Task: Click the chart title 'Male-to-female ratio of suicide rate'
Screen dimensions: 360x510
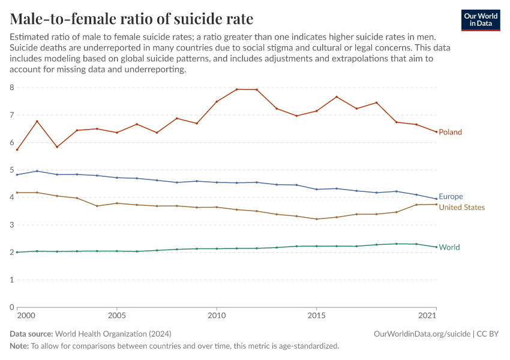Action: click(131, 19)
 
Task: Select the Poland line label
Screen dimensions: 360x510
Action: click(450, 132)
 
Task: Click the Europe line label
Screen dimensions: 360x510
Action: click(451, 197)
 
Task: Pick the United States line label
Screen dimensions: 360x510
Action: click(461, 208)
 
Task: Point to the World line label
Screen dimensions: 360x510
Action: click(449, 247)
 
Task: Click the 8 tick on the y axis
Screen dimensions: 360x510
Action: click(11, 88)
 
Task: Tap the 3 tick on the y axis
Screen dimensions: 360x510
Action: click(11, 225)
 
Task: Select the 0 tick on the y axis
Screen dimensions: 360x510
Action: click(11, 307)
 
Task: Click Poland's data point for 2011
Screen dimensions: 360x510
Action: click(236, 89)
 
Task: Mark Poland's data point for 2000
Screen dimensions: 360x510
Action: click(17, 149)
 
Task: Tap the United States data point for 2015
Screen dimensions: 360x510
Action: click(316, 219)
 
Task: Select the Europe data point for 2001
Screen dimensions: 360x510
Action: click(37, 171)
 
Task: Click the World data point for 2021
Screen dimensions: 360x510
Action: click(436, 247)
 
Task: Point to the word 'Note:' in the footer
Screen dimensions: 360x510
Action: click(19, 346)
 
